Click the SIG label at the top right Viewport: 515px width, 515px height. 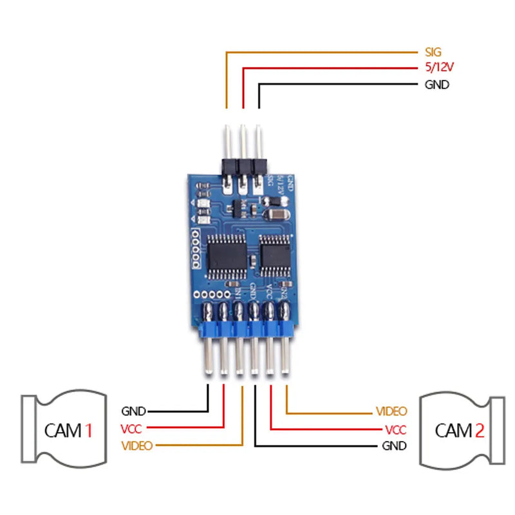point(434,52)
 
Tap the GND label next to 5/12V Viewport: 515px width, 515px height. point(437,84)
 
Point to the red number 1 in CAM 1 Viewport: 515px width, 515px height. point(89,429)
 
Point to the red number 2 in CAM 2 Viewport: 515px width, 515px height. point(478,430)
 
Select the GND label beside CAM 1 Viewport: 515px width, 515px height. point(133,411)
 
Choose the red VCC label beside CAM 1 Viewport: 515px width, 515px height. point(132,429)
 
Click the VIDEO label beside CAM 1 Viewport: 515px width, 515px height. point(136,445)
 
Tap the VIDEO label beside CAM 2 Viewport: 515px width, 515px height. point(391,411)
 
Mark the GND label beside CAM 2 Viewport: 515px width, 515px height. point(394,445)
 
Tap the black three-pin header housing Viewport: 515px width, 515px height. point(243,166)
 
